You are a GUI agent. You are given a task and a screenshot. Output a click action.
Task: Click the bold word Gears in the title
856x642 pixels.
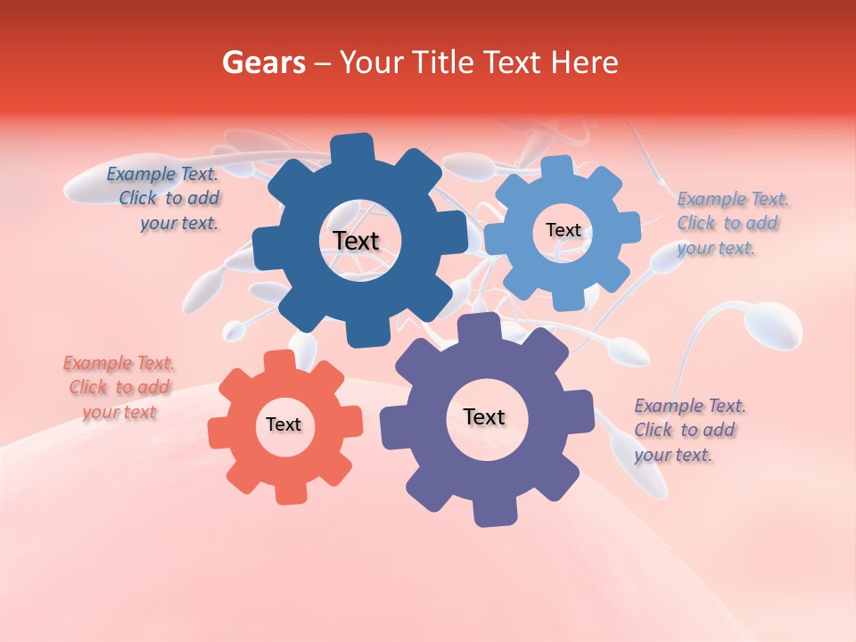[262, 62]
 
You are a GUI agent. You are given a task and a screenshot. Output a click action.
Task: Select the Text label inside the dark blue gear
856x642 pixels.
[357, 241]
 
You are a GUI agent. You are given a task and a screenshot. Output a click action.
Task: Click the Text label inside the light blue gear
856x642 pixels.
[563, 230]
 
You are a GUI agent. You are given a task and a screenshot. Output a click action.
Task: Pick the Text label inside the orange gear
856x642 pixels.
[284, 424]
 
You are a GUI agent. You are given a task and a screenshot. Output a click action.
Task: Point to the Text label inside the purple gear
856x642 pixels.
[484, 416]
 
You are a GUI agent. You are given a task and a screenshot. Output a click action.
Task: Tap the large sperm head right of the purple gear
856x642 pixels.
[773, 326]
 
